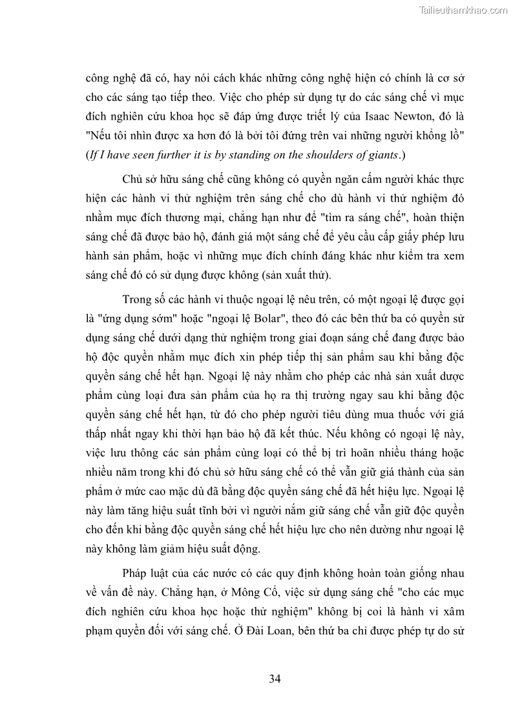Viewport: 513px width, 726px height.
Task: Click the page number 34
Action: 275,678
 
